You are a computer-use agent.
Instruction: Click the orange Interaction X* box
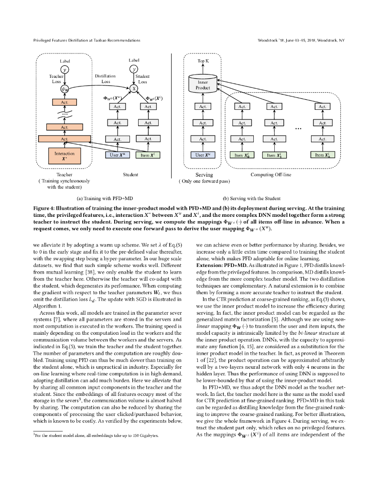[65, 156]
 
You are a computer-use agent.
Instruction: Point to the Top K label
[203, 62]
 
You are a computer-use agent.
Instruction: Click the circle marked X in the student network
[134, 88]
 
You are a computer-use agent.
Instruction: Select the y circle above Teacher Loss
[65, 70]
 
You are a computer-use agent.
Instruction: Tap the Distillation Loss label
[105, 79]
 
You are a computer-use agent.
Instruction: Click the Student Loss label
[142, 79]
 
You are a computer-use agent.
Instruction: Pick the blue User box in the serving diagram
[203, 155]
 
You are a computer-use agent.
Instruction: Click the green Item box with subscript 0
[242, 155]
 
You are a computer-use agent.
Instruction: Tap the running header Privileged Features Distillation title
[86, 40]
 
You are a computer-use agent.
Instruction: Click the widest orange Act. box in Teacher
[65, 139]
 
